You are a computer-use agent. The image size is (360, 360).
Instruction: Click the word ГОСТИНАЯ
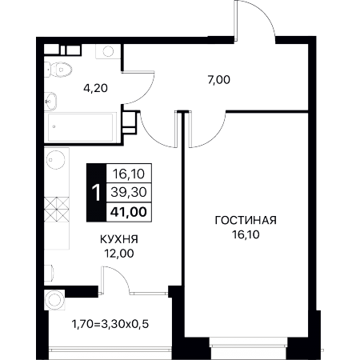(x=246, y=220)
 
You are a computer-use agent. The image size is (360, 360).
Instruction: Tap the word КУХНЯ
(x=119, y=239)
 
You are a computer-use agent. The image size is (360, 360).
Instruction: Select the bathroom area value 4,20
(x=95, y=88)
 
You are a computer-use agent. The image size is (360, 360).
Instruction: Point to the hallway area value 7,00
(x=218, y=80)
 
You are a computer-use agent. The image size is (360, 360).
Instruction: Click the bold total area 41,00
(x=129, y=212)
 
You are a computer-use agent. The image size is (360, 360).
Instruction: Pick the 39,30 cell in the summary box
(x=129, y=192)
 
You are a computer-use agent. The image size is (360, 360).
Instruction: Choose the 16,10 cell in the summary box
(x=129, y=174)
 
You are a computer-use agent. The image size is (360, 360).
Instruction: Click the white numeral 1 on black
(x=96, y=193)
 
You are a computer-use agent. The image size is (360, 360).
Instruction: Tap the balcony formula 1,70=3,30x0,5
(x=110, y=324)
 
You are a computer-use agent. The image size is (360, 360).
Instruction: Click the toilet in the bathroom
(x=58, y=70)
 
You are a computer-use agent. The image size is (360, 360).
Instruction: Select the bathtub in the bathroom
(x=81, y=127)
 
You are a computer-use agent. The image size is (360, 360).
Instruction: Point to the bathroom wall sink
(x=50, y=102)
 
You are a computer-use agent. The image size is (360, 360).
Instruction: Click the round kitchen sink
(x=56, y=160)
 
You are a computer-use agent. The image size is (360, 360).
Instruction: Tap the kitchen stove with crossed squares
(x=57, y=210)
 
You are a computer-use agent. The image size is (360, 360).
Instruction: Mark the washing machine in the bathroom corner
(x=108, y=51)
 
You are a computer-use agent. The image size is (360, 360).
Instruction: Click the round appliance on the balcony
(x=54, y=300)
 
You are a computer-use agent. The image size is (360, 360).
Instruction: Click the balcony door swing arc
(x=118, y=278)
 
